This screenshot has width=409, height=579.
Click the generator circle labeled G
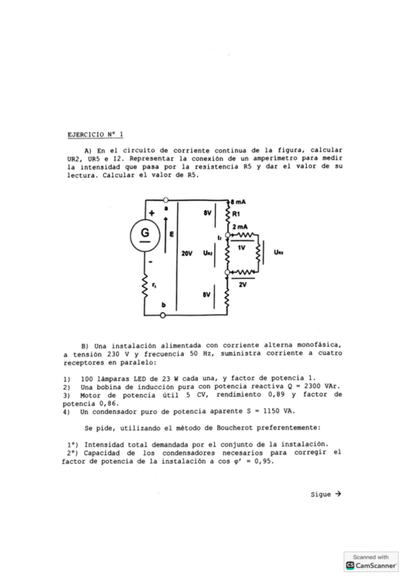point(145,233)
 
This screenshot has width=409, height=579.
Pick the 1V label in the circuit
point(242,249)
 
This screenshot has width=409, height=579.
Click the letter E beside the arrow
point(171,233)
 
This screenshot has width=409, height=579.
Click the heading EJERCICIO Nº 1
point(96,134)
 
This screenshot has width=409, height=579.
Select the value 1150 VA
point(279,411)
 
